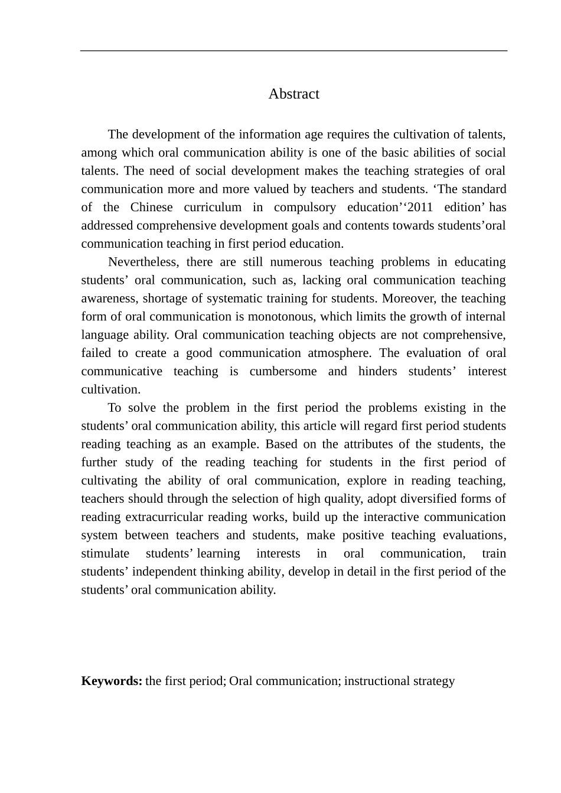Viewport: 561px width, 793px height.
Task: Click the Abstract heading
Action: (293, 94)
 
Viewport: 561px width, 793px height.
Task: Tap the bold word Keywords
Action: (111, 681)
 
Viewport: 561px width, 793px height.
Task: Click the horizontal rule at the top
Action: (293, 51)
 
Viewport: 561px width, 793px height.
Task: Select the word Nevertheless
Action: (142, 262)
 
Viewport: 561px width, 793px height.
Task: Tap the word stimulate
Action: (105, 554)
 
